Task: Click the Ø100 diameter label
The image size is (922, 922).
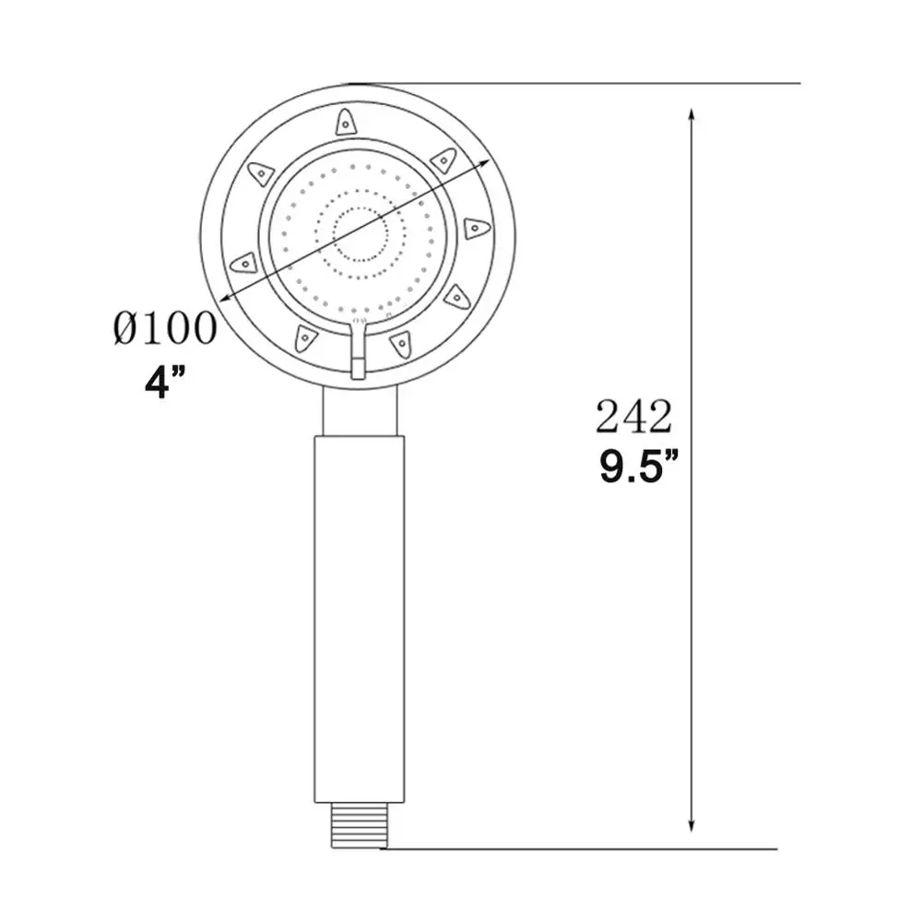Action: pyautogui.click(x=166, y=328)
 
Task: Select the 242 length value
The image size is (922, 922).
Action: pyautogui.click(x=632, y=418)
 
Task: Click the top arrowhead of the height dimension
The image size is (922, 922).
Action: pyautogui.click(x=691, y=116)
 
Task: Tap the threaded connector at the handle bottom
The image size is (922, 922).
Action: pyautogui.click(x=359, y=815)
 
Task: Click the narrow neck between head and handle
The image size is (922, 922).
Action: pyautogui.click(x=359, y=410)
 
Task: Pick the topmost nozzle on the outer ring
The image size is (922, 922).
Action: pyautogui.click(x=344, y=120)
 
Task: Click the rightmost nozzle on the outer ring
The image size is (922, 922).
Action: pyautogui.click(x=475, y=228)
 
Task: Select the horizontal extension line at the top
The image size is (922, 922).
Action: pyautogui.click(x=572, y=83)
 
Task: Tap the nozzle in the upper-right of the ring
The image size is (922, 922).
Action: pyautogui.click(x=443, y=160)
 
